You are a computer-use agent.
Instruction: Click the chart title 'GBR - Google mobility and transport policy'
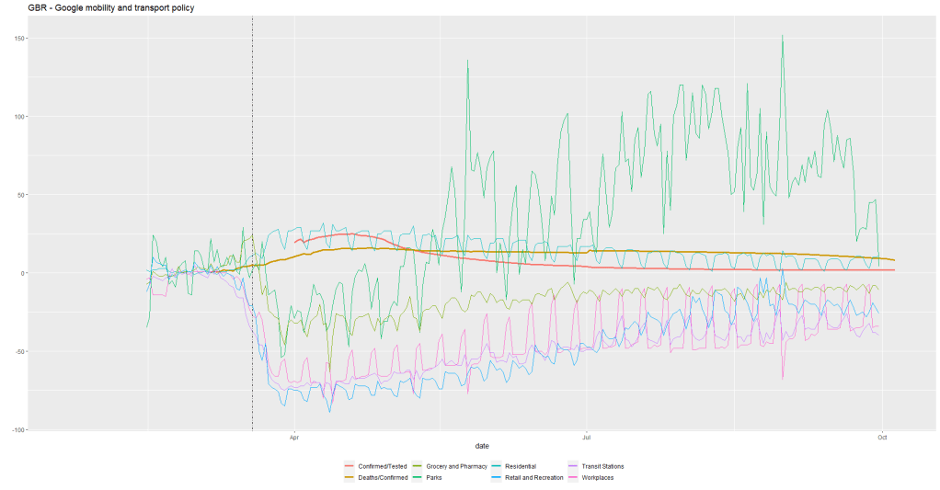click(111, 7)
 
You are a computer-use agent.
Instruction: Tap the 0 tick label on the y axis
click(23, 273)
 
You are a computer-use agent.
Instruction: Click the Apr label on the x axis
click(294, 438)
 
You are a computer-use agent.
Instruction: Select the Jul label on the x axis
click(586, 438)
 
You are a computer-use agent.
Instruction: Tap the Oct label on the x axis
click(881, 438)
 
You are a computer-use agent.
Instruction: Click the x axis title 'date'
click(469, 446)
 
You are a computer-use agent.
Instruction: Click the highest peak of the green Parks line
click(782, 36)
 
